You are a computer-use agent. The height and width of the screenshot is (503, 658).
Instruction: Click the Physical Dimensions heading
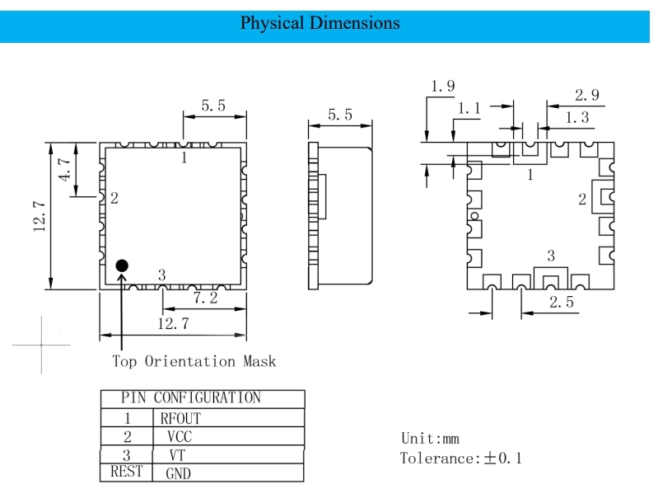[320, 23]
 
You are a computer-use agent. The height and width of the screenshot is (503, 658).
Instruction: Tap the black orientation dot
[122, 266]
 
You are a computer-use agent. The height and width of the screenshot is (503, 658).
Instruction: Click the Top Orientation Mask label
[194, 361]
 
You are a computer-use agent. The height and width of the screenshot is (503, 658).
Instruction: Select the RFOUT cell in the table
[180, 418]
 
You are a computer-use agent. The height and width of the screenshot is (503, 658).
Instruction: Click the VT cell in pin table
[177, 454]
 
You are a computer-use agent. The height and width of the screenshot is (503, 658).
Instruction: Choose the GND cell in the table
[179, 473]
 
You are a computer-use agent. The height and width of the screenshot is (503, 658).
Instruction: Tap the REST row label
[125, 472]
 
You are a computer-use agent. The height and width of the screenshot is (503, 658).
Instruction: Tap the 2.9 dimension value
[587, 95]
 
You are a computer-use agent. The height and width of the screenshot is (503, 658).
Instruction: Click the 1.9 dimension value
[443, 86]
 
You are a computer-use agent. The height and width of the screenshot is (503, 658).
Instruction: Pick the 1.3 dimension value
[576, 118]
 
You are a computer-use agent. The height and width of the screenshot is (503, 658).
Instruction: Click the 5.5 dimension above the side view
[339, 115]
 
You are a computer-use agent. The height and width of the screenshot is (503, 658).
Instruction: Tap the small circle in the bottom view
[474, 217]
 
